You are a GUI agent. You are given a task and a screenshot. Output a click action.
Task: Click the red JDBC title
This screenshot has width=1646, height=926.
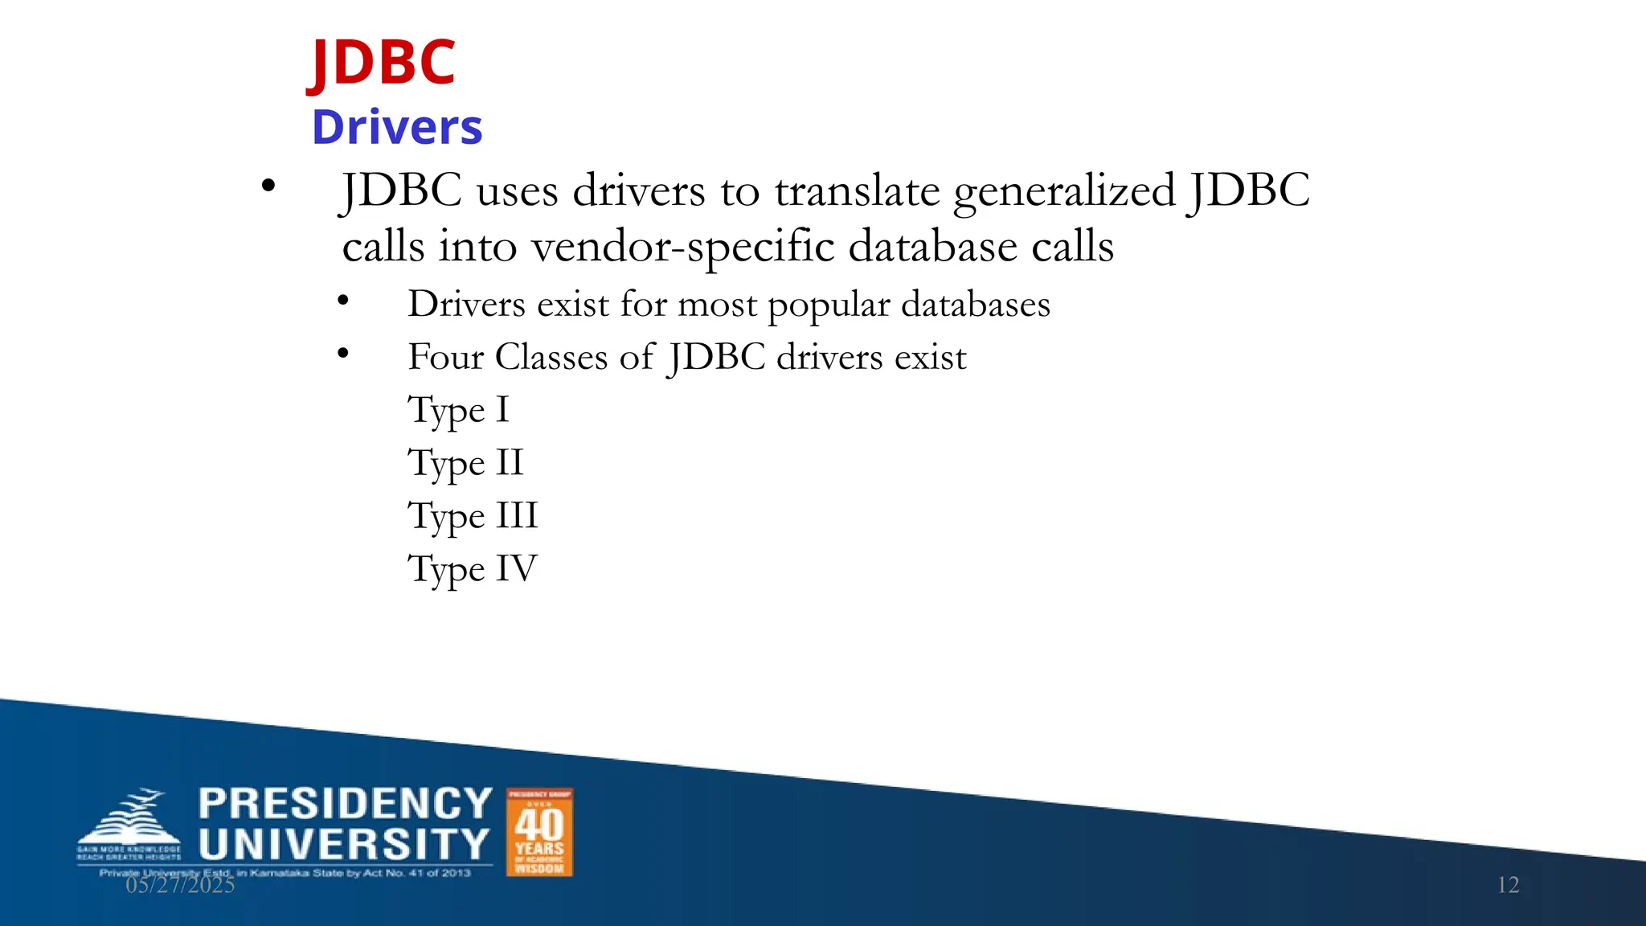pos(383,63)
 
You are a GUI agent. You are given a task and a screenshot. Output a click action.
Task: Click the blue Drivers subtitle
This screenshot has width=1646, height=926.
pos(397,127)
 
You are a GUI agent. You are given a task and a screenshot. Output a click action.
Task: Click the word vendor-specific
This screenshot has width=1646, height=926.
pos(683,246)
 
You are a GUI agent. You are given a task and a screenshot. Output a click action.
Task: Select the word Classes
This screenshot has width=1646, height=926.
pos(551,357)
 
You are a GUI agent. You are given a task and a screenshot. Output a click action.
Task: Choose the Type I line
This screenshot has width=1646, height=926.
pos(458,411)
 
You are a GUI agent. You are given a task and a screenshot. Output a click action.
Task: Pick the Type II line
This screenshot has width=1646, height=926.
pos(465,464)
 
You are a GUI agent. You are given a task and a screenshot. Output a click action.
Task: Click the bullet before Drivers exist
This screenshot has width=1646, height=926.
pos(343,301)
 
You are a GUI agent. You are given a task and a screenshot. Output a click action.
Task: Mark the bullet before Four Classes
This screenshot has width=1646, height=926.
pos(343,353)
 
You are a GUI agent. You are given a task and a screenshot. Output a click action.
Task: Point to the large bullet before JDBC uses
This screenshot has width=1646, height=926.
pos(268,186)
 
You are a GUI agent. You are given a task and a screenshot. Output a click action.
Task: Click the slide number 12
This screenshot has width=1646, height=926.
pos(1508,885)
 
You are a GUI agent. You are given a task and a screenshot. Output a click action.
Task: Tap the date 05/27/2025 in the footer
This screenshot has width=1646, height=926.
pos(180,885)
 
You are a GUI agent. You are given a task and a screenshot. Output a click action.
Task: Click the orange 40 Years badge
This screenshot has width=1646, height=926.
pos(539,832)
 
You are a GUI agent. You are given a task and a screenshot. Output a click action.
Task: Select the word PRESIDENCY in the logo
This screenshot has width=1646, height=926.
pos(345,804)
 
